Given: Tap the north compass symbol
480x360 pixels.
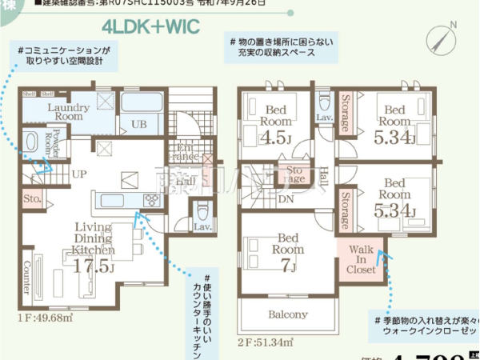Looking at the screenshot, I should tap(444, 38).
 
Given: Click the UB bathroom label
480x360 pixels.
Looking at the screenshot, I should tap(138, 124).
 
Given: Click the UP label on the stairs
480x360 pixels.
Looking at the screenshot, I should tap(78, 173).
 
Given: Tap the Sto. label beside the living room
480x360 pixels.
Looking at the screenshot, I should tap(32, 197).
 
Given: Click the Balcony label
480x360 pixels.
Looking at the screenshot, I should tap(288, 314).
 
